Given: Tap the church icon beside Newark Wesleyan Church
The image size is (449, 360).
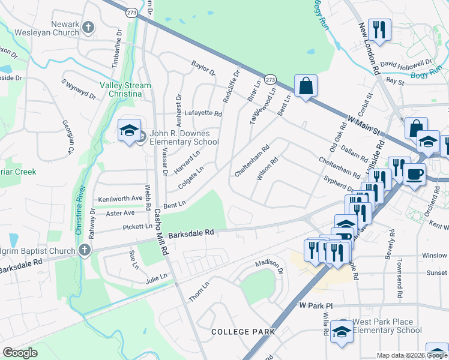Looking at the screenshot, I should [88, 27].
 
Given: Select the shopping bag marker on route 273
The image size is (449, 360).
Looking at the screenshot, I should [306, 86].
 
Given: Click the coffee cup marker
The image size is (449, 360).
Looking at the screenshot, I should [414, 175].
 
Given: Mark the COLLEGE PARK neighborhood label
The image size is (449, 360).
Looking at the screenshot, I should [243, 331].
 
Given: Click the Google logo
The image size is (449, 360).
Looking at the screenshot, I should [20, 353].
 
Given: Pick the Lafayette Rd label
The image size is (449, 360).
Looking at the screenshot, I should [203, 113].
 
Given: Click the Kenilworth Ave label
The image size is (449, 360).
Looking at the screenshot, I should [120, 197].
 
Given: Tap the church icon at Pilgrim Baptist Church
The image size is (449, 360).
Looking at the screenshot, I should [85, 250].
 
